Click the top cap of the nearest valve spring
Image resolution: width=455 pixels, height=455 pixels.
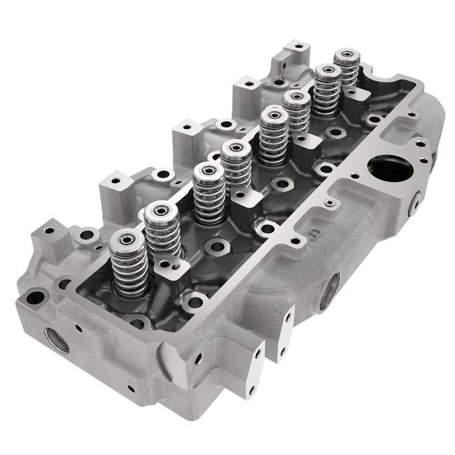click(127, 239)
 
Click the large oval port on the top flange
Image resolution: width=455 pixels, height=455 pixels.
click(388, 167)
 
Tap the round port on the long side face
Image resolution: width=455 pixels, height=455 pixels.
click(329, 291)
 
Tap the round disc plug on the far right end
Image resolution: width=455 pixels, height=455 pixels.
click(414, 203)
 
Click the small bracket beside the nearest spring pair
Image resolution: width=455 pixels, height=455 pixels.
click(168, 262)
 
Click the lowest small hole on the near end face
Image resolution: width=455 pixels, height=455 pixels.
click(129, 389)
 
